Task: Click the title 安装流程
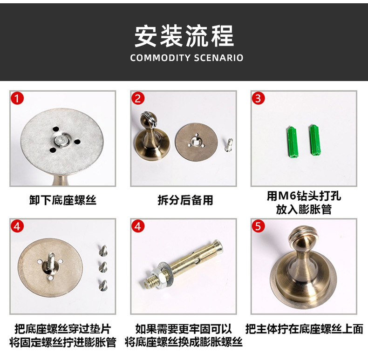(x=184, y=36)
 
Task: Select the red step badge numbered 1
(x=17, y=98)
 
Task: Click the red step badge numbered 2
(x=138, y=98)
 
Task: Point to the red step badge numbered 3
(x=259, y=98)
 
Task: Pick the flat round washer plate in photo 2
(x=197, y=141)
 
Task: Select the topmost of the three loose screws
(x=103, y=250)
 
